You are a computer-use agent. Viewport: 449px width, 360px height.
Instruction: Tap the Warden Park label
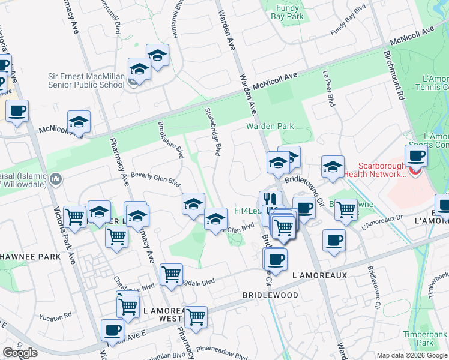pos(270,126)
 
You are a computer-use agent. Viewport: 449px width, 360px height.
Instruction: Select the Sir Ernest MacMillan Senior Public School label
pos(86,81)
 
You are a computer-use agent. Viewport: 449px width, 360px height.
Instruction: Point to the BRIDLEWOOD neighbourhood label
pos(270,296)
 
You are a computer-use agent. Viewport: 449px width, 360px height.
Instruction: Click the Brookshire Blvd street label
pos(170,140)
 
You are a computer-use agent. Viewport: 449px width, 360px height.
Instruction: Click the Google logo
pos(20,353)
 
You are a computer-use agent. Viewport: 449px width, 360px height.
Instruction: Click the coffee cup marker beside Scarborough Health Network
pos(416,157)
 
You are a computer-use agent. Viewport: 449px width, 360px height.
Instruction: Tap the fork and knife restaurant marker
pos(270,200)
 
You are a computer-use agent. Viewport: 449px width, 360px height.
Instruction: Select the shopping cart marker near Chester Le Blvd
pos(171,274)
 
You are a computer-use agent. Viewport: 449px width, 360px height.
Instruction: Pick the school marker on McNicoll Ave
pos(79,122)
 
